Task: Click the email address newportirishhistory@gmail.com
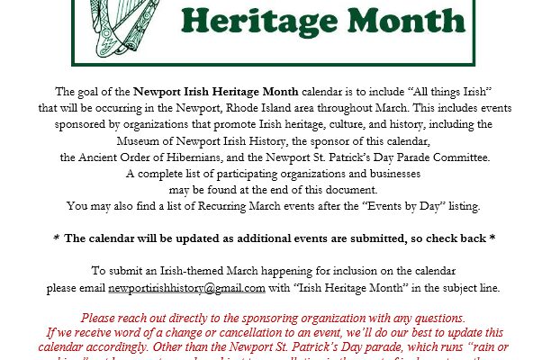(186, 288)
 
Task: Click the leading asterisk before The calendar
(56, 238)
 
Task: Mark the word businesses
(394, 173)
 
